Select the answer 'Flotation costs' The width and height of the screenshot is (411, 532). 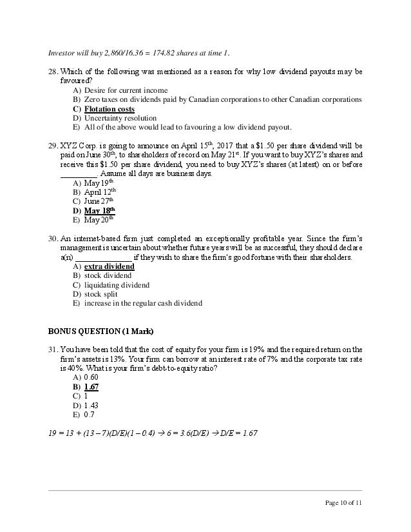pos(109,109)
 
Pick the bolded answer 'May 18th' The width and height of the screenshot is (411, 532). pos(100,211)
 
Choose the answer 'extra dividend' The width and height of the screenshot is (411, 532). pos(109,266)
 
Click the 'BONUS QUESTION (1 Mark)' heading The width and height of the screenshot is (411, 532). pos(100,331)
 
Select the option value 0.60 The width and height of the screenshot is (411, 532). pos(91,378)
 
